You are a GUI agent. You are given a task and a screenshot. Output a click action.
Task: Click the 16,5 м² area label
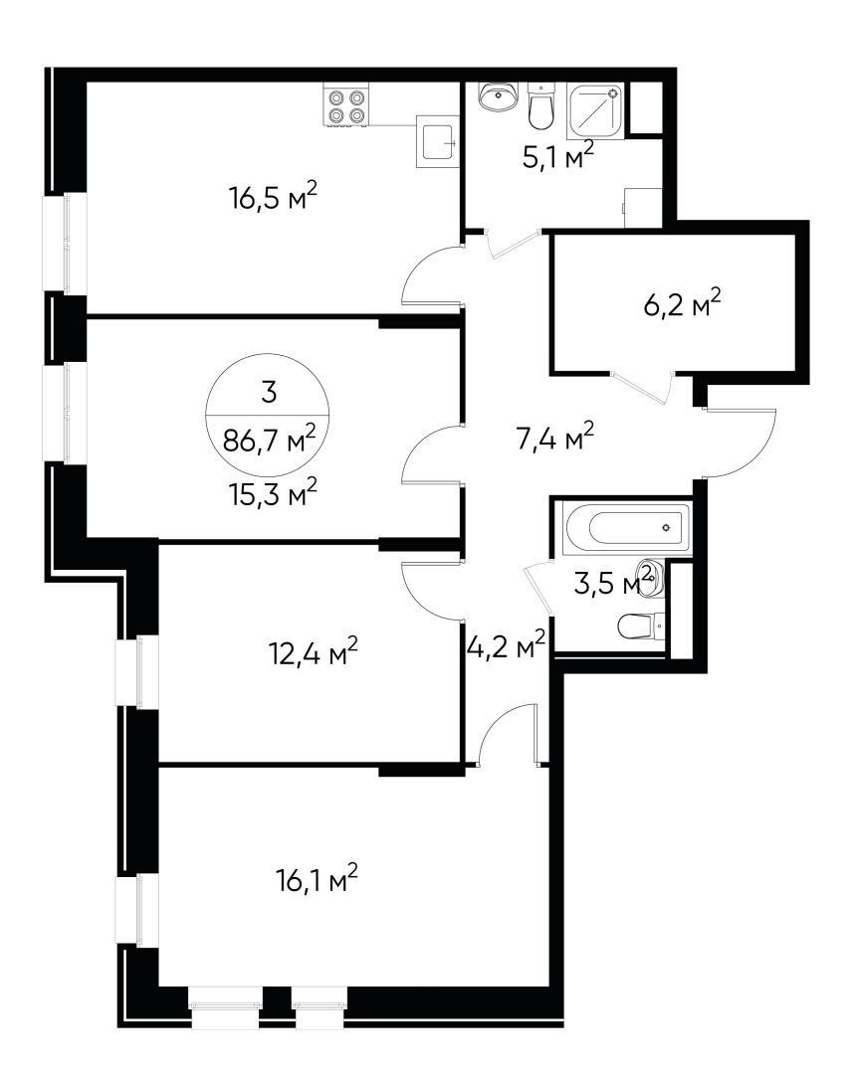point(273,198)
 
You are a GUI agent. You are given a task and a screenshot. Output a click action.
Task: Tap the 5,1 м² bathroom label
point(557,155)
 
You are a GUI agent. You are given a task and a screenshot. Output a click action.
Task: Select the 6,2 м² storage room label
point(681,302)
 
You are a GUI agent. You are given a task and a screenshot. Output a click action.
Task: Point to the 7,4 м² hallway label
point(554,437)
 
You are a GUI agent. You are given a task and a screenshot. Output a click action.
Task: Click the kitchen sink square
point(436,142)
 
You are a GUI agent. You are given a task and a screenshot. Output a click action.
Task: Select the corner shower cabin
point(596,109)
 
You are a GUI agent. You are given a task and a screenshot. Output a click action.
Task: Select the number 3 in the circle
point(267,391)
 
